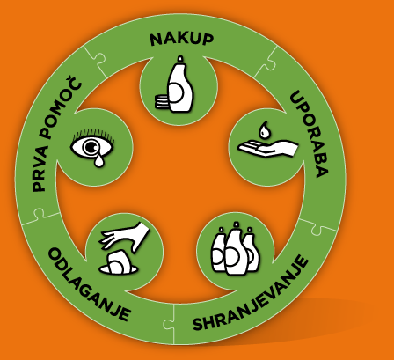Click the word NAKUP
tap(181, 39)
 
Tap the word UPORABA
tap(309, 134)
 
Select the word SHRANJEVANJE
tap(251, 294)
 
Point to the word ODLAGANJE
tap(89, 284)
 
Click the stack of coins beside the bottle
tap(161, 102)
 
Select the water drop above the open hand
tap(265, 129)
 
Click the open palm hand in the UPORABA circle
tap(268, 148)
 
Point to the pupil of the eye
tap(91, 146)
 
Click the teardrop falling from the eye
tap(99, 159)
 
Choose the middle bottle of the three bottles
tap(236, 248)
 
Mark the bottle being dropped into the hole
tap(119, 262)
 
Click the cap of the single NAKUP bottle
tap(180, 59)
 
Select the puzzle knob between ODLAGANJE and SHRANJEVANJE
tap(168, 324)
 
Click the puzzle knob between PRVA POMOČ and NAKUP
tap(99, 59)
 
